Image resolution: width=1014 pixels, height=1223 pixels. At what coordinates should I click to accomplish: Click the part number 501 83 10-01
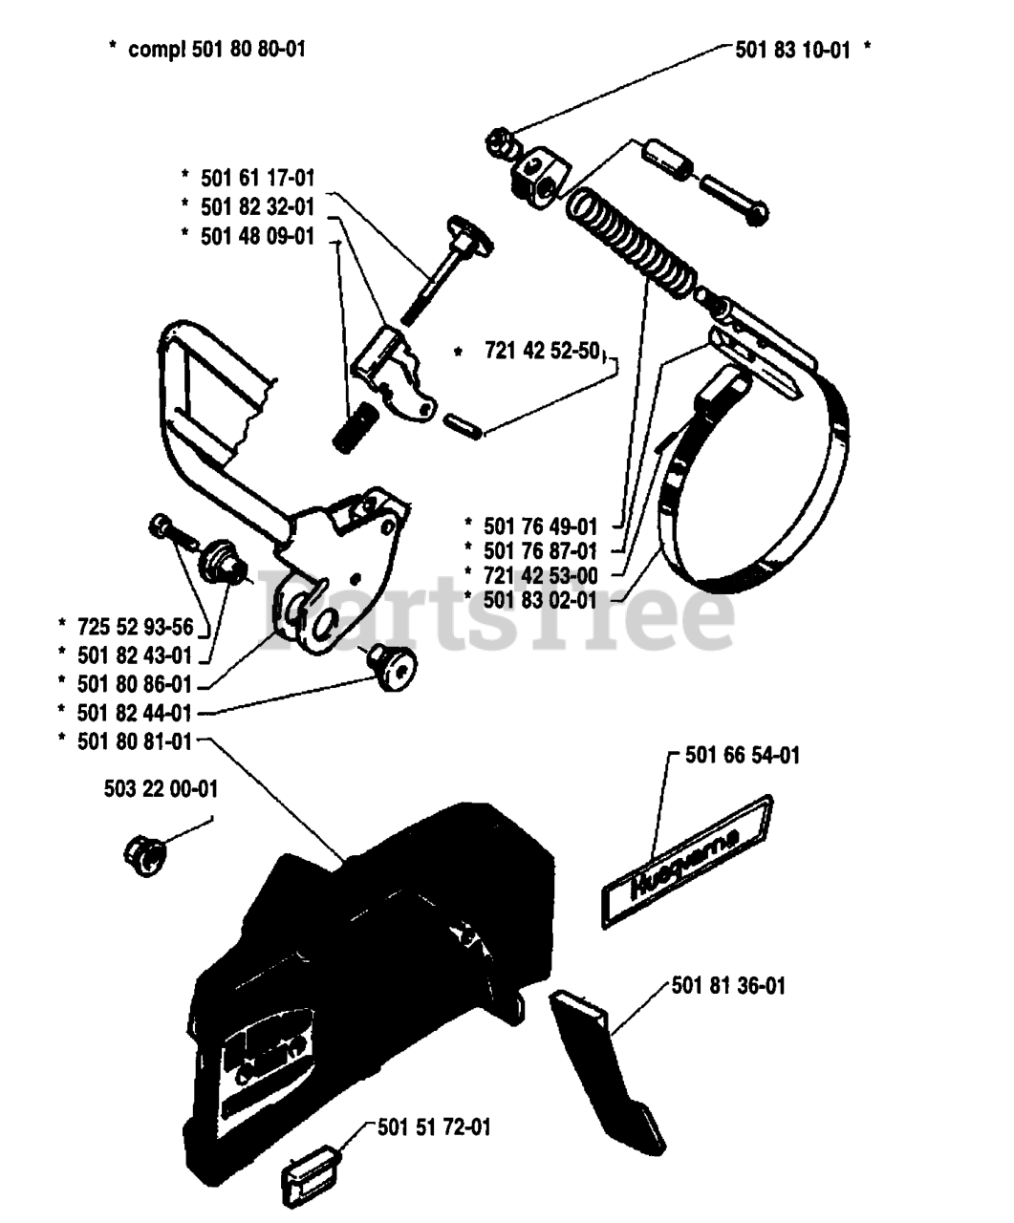(x=792, y=51)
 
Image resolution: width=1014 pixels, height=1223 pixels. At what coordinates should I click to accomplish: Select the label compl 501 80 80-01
(x=216, y=48)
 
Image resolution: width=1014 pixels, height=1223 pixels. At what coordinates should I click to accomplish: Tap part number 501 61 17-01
(x=257, y=178)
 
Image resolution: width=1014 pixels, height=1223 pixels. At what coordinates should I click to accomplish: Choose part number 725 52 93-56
(x=135, y=627)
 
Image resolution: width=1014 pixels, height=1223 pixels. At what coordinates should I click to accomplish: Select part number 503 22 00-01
(x=161, y=789)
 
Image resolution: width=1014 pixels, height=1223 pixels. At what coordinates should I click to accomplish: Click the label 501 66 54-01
(x=743, y=756)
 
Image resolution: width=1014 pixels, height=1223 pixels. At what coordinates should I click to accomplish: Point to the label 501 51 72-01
(x=434, y=1127)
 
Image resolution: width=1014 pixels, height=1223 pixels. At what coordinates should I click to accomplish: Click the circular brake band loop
(x=755, y=478)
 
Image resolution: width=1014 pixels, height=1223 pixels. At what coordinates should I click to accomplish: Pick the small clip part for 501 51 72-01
(x=307, y=1181)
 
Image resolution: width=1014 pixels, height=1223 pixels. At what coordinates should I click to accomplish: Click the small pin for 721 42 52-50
(x=464, y=424)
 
